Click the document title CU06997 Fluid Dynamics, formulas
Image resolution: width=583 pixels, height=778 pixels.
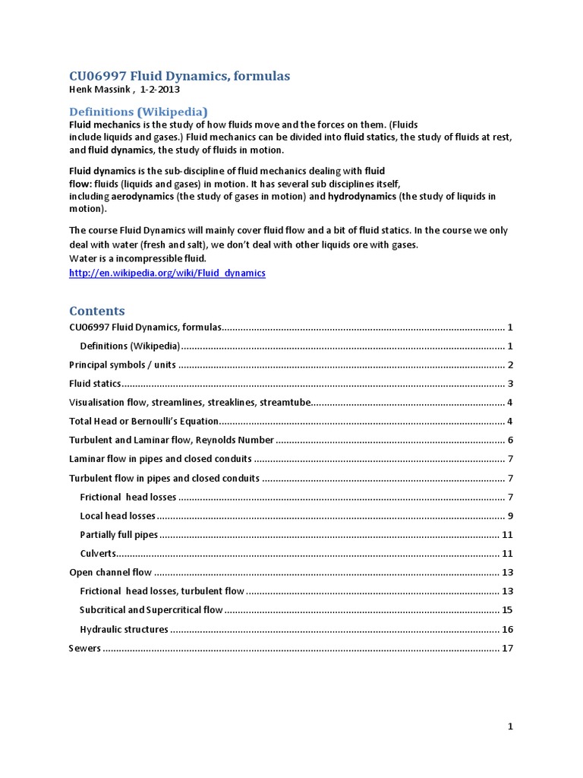tap(179, 76)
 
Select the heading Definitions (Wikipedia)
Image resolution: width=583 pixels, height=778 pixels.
tap(138, 112)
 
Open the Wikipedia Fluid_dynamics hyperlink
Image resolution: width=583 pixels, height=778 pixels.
tap(167, 273)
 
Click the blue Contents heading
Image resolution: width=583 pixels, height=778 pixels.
tap(97, 311)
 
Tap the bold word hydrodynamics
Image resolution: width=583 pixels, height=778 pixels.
tap(362, 196)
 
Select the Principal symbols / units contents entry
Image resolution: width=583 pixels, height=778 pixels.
tap(122, 365)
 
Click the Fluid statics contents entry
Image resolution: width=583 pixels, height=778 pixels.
tap(95, 384)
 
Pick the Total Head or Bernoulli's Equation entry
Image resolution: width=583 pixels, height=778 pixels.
tap(143, 421)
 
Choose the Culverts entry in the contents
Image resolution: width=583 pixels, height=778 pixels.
tap(98, 553)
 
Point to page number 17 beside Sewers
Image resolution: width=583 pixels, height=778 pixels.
tap(508, 648)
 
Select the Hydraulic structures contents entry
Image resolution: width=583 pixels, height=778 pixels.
tap(124, 629)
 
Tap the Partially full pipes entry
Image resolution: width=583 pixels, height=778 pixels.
tap(119, 535)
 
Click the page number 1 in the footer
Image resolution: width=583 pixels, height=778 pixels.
tap(511, 727)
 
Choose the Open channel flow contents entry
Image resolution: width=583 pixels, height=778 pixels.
tap(110, 572)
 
